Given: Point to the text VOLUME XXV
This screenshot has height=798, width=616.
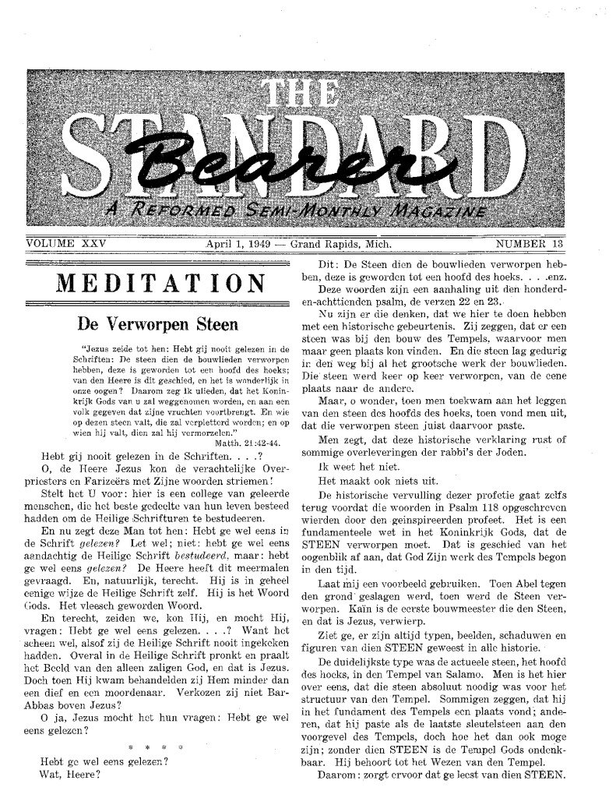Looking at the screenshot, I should [x=65, y=244].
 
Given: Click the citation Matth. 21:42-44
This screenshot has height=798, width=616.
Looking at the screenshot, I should [x=251, y=441].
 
